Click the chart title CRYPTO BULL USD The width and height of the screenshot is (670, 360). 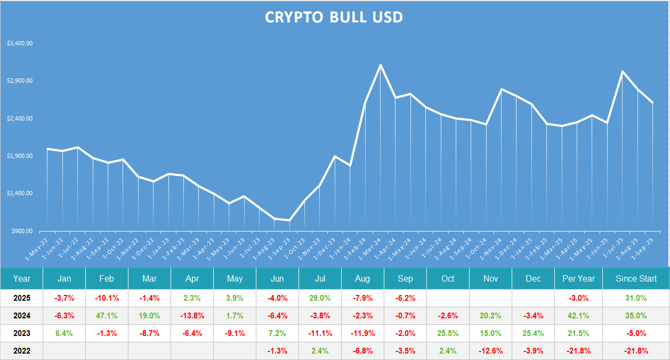pyautogui.click(x=334, y=17)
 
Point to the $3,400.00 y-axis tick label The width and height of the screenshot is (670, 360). pyautogui.click(x=20, y=43)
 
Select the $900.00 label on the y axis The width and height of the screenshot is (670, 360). pyautogui.click(x=22, y=231)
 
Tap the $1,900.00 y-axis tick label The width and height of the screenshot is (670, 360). pyautogui.click(x=20, y=156)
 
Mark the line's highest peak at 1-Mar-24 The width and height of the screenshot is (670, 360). pyautogui.click(x=380, y=65)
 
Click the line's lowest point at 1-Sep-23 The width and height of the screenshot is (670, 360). pyautogui.click(x=289, y=220)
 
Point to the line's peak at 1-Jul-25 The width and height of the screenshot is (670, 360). pyautogui.click(x=623, y=71)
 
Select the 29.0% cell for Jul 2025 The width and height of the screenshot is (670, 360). pyautogui.click(x=320, y=298)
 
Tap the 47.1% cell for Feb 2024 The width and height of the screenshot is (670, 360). pyautogui.click(x=107, y=316)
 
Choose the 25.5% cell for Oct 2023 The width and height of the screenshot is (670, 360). pyautogui.click(x=448, y=333)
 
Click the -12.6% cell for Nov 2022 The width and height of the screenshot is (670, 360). pyautogui.click(x=490, y=351)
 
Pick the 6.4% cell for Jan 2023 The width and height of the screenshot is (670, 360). pyautogui.click(x=64, y=333)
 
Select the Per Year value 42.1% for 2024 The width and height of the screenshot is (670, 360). pyautogui.click(x=578, y=316)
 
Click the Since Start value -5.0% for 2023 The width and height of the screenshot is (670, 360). pyautogui.click(x=636, y=333)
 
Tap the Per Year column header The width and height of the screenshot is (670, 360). pyautogui.click(x=578, y=278)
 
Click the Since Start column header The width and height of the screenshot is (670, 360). pyautogui.click(x=636, y=278)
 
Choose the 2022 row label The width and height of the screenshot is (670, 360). pyautogui.click(x=22, y=351)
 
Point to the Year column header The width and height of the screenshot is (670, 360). pyautogui.click(x=22, y=278)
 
